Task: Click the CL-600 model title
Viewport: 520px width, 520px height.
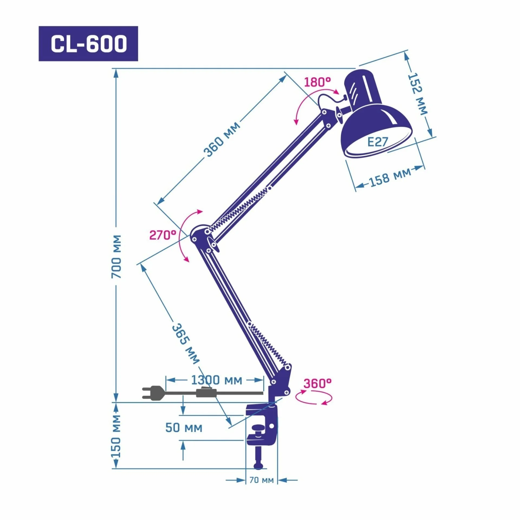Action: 88,44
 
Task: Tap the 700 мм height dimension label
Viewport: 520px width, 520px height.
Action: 116,256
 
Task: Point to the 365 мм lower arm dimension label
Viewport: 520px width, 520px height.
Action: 186,343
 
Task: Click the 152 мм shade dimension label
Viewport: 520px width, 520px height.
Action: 417,94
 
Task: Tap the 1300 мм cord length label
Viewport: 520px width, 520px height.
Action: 216,380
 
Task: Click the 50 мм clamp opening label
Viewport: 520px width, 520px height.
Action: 184,428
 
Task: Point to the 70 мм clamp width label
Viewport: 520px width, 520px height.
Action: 261,480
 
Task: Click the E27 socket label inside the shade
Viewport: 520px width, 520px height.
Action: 378,142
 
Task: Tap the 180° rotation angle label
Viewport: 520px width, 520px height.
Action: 317,82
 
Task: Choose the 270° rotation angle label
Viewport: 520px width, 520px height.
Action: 162,235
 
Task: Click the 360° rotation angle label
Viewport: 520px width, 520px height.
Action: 317,383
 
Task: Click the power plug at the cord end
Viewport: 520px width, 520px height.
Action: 153,393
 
